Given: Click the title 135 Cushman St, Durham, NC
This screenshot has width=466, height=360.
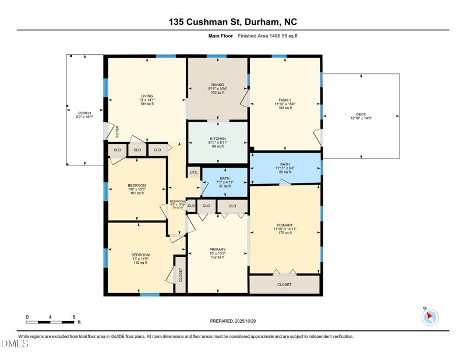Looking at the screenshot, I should [x=232, y=22].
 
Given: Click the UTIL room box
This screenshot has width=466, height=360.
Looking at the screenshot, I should [x=193, y=172].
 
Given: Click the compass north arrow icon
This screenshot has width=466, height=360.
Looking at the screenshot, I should [x=430, y=317].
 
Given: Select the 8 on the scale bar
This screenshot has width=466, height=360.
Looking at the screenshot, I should [x=74, y=317].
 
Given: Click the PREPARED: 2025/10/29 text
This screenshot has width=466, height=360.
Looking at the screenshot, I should [x=232, y=321].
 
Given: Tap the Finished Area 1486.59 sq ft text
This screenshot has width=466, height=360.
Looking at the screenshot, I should [x=267, y=36].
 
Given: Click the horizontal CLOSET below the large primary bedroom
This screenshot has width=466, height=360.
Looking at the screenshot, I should [x=284, y=284].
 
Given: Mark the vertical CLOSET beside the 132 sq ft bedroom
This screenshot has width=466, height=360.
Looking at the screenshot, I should [x=181, y=274].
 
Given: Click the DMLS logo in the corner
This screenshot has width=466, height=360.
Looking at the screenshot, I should [x=15, y=344].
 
